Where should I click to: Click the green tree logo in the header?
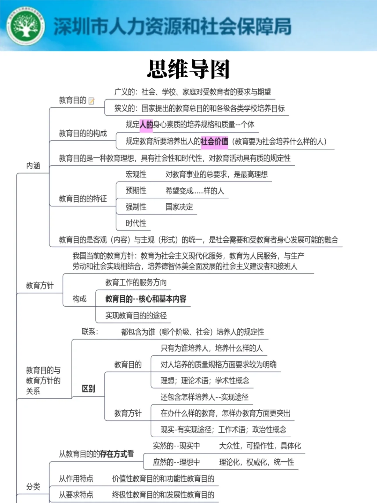[x=25, y=26]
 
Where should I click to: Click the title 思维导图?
[x=188, y=69]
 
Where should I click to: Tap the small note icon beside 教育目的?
[x=91, y=101]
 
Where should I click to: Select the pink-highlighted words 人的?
[x=146, y=125]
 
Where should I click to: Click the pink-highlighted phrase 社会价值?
[x=214, y=141]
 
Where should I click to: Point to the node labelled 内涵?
[x=33, y=165]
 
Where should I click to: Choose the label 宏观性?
[x=136, y=174]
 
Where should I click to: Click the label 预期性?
[x=136, y=190]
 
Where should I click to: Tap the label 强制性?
[x=136, y=207]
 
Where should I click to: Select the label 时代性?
[x=136, y=223]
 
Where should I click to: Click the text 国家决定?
[x=179, y=207]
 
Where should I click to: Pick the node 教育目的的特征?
[x=83, y=199]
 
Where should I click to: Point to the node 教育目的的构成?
[x=83, y=133]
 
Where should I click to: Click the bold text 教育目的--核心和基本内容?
[x=146, y=299]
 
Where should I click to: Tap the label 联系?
[x=90, y=331]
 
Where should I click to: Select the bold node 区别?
[x=88, y=389]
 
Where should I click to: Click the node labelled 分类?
[x=33, y=487]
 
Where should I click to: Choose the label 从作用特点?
[x=76, y=479]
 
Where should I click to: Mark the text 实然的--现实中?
[x=176, y=446]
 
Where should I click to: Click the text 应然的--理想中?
[x=176, y=462]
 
